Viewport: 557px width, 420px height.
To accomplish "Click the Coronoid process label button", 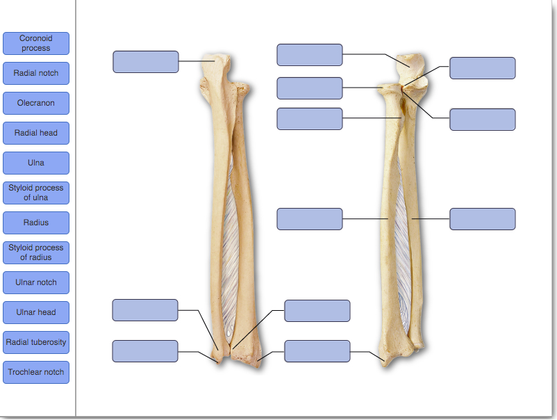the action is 36,43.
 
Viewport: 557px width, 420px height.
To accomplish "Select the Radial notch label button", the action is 36,73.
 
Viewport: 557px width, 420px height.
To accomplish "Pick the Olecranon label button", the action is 36,103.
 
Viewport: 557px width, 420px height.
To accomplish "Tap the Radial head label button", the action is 36,133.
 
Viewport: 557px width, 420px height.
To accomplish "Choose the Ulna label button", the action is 36,163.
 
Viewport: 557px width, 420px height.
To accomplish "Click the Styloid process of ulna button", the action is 36,193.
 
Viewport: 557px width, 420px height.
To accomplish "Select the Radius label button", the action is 36,223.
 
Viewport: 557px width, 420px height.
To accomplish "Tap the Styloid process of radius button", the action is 36,252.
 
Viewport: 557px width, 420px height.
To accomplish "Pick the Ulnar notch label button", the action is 36,282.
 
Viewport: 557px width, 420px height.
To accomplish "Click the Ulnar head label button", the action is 36,312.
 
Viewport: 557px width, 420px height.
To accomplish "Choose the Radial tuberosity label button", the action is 36,342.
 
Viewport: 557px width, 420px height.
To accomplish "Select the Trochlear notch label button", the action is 36,372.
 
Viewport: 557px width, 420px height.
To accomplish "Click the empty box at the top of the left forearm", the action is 146,61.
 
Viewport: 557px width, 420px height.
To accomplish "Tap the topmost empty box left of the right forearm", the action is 310,55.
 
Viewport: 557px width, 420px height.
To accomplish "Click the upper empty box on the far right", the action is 483,68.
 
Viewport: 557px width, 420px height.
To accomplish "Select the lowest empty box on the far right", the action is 483,219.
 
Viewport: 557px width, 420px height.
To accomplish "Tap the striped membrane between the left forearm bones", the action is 231,223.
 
